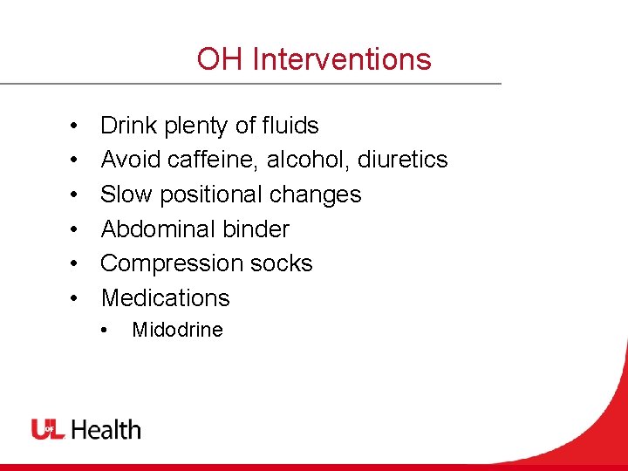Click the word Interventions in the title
pos(341,59)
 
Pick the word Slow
pos(127,194)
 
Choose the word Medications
pos(166,297)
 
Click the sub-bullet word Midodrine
pos(177,330)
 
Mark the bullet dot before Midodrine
pos(104,331)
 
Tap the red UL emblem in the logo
pos(48,429)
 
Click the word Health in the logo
pos(106,429)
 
